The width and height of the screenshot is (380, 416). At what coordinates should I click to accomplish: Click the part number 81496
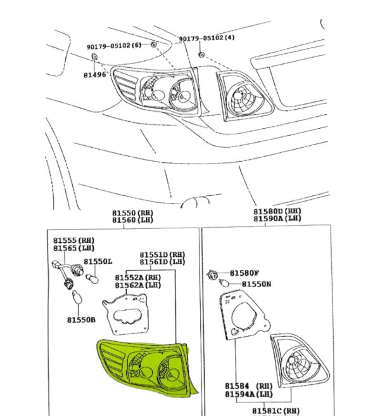pyautogui.click(x=94, y=75)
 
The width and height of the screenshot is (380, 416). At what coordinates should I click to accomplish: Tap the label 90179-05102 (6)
pyautogui.click(x=114, y=46)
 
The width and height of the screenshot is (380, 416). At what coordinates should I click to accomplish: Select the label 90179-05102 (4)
pyautogui.click(x=206, y=38)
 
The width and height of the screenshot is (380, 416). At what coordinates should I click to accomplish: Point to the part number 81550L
pyautogui.click(x=98, y=262)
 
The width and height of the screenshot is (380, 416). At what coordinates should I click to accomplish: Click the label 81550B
pyautogui.click(x=81, y=320)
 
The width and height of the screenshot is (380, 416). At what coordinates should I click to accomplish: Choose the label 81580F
pyautogui.click(x=244, y=273)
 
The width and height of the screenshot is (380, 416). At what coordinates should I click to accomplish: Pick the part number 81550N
pyautogui.click(x=256, y=284)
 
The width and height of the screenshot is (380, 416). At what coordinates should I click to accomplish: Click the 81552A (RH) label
pyautogui.click(x=138, y=278)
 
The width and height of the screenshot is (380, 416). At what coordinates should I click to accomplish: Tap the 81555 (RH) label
pyautogui.click(x=74, y=240)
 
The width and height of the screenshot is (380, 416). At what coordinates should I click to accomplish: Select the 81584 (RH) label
pyautogui.click(x=249, y=386)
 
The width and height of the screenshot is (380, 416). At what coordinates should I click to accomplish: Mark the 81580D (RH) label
pyautogui.click(x=277, y=211)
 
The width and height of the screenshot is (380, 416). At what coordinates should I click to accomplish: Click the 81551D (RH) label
pyautogui.click(x=162, y=255)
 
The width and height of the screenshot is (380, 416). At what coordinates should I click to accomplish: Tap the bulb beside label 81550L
pyautogui.click(x=92, y=278)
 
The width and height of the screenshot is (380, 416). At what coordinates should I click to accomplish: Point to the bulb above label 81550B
pyautogui.click(x=77, y=297)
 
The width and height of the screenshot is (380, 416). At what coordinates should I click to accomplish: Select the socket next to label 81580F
pyautogui.click(x=212, y=275)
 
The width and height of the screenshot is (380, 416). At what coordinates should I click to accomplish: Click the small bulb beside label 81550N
pyautogui.click(x=224, y=283)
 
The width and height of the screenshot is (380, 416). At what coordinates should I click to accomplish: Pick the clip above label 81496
pyautogui.click(x=94, y=57)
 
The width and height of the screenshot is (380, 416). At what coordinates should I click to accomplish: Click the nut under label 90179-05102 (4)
pyautogui.click(x=201, y=55)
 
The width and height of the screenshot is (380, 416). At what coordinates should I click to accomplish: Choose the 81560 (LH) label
pyautogui.click(x=133, y=220)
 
